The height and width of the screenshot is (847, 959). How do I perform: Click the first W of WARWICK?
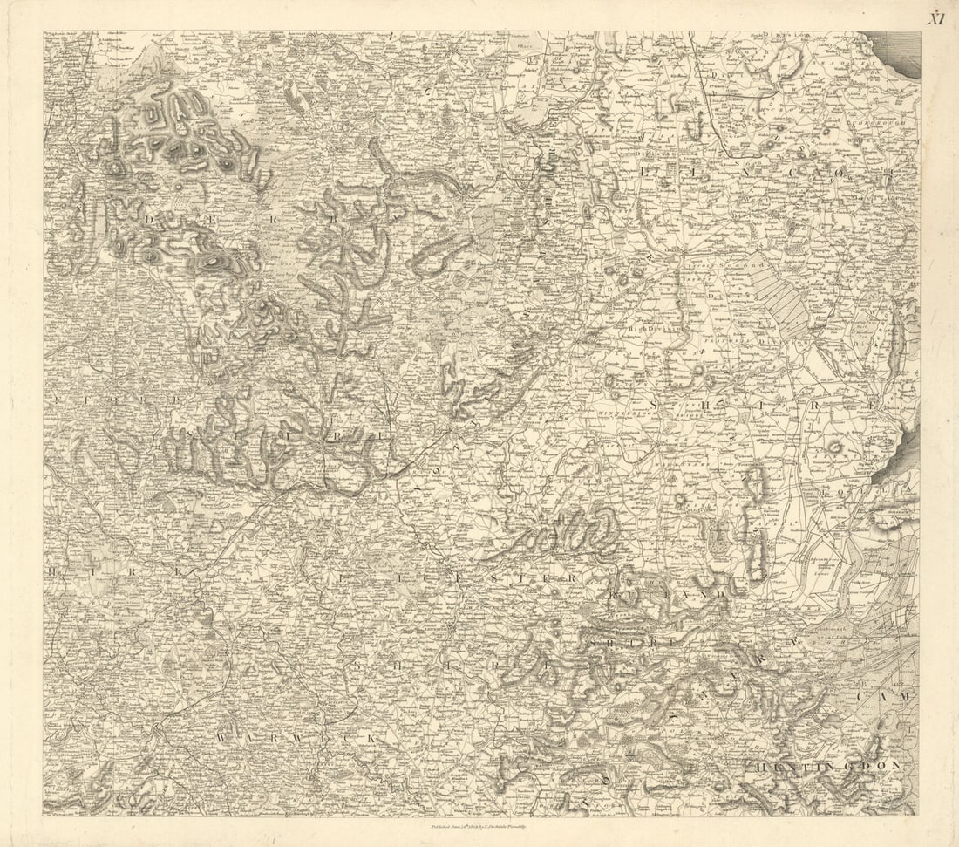click(x=224, y=738)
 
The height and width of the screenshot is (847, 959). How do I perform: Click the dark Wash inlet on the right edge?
click(x=898, y=454)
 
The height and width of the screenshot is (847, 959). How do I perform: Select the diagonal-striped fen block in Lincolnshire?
click(x=780, y=297)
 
